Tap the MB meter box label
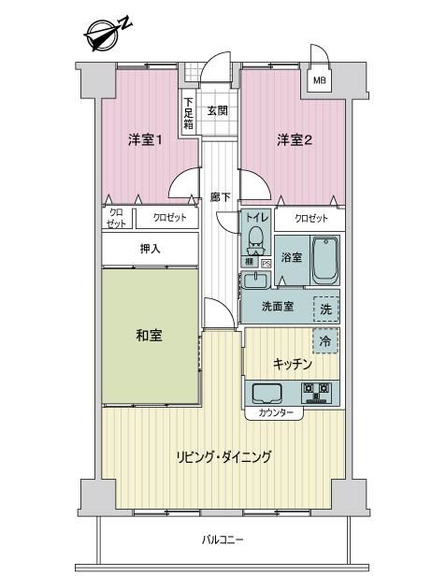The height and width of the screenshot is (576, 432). point(319,79)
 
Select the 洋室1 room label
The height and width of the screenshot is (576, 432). point(146,140)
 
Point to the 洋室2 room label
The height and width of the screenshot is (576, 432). point(295,140)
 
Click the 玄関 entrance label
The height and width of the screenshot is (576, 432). point(218,110)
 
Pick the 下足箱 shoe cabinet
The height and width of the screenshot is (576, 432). point(189,113)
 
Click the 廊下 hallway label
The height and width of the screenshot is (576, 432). point(221,197)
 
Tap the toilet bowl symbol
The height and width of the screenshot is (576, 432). point(255,241)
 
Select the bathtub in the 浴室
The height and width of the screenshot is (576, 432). point(324,260)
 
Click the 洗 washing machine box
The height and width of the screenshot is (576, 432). point(325,310)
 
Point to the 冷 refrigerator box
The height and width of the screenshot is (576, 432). point(325,341)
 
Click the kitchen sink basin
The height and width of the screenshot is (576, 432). point(266,395)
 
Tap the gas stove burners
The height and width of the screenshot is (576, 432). point(316,393)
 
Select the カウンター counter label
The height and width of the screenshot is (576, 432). point(276,413)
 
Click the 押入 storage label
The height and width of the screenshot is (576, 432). point(150,249)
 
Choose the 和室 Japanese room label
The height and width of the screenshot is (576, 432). point(149,336)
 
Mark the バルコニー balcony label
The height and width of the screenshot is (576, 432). point(223,540)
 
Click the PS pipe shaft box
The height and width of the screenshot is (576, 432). point(266,263)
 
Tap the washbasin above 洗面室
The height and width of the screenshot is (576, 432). point(255,281)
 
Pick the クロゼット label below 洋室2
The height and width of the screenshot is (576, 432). point(310,219)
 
